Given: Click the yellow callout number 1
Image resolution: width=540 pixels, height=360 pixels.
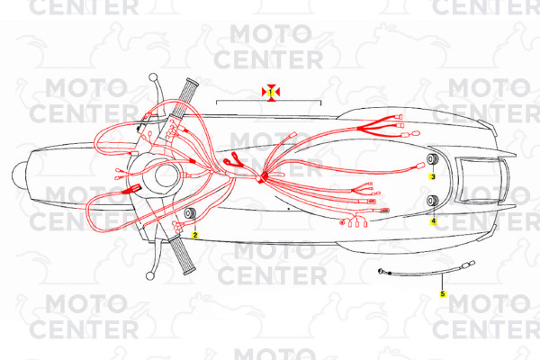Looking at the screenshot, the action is [x=271, y=93].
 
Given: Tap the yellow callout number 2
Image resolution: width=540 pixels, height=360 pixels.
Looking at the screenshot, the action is [x=195, y=235].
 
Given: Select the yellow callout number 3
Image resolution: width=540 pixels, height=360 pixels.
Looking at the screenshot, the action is [x=433, y=176].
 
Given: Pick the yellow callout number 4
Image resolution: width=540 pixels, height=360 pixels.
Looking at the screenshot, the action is [x=433, y=220].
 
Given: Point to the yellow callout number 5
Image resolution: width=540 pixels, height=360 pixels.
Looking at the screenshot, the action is [x=443, y=294].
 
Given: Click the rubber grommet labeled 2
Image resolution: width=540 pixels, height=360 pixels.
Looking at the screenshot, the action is [x=190, y=213].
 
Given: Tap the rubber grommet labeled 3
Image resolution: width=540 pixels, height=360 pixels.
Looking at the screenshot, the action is [x=433, y=159].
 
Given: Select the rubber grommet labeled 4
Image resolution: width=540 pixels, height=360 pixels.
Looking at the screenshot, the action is [x=433, y=201].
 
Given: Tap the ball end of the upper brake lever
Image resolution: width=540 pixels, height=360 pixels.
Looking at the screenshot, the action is [x=153, y=77].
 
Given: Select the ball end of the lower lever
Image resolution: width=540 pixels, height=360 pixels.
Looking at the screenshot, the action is [x=149, y=276].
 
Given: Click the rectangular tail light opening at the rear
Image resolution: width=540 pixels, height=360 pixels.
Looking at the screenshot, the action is [x=481, y=180].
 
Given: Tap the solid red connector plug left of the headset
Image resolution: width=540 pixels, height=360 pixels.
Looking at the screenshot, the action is [x=131, y=189].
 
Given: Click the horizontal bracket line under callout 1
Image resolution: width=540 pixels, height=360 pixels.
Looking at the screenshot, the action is [x=268, y=102].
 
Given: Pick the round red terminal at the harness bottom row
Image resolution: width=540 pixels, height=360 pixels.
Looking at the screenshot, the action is [x=342, y=223].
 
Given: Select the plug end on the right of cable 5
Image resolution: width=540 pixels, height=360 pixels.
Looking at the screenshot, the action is [x=468, y=265].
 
